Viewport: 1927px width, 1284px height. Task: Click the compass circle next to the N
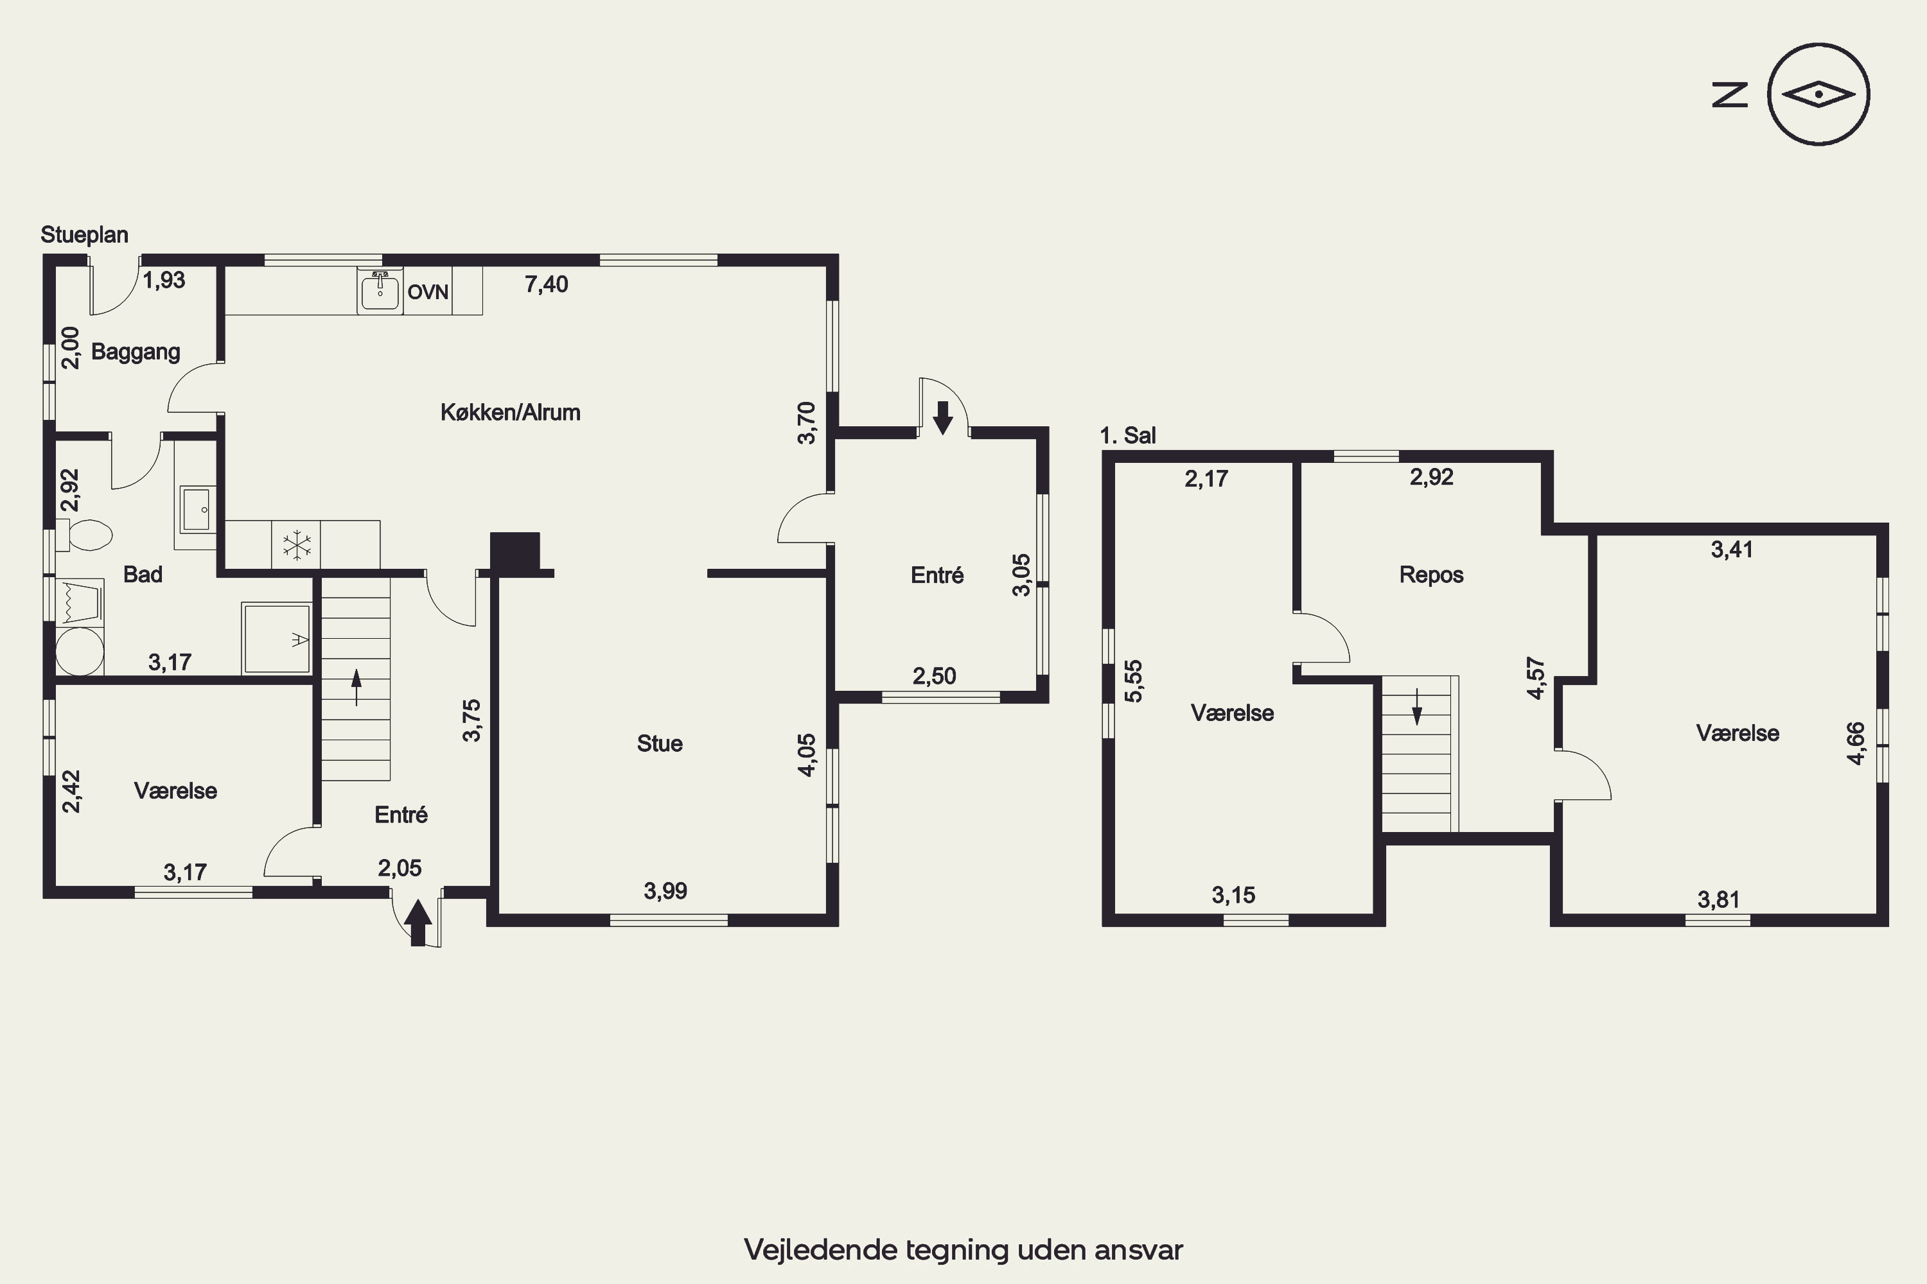pos(1819,44)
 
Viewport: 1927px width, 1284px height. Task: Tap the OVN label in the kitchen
pos(428,292)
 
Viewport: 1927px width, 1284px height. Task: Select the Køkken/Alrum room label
pos(511,412)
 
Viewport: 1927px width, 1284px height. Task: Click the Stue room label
pos(660,743)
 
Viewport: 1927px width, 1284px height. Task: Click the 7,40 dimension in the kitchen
pos(547,284)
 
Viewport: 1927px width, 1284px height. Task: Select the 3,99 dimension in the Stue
pos(665,891)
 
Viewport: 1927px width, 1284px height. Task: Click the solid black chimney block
pos(515,551)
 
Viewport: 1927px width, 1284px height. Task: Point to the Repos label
pos(1431,575)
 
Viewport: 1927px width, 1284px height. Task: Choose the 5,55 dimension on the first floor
pos(1133,681)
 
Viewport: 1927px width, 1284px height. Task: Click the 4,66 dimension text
pos(1856,743)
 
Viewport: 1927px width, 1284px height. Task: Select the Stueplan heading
pos(84,235)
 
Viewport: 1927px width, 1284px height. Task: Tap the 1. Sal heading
pos(1128,436)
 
